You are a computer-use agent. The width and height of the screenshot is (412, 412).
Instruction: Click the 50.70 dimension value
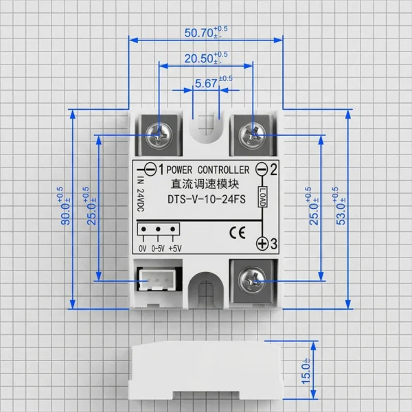[x=198, y=33]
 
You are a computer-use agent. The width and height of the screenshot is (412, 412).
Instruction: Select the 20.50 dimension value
[x=198, y=58]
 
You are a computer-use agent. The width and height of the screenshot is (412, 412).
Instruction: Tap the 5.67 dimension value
[x=206, y=84]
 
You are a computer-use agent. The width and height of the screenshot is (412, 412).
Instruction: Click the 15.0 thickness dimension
[x=306, y=374]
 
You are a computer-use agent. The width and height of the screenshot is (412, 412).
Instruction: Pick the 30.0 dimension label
[x=65, y=214]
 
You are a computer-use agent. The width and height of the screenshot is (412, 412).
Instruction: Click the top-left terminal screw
[x=159, y=135]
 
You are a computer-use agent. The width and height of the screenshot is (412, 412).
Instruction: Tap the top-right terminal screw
[x=253, y=135]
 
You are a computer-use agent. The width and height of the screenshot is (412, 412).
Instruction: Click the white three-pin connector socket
[x=157, y=280]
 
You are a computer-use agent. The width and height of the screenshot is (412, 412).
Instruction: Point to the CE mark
[x=238, y=232]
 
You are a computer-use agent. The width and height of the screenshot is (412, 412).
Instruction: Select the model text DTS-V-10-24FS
[x=207, y=199]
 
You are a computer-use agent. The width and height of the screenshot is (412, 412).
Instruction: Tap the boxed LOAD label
[x=262, y=196]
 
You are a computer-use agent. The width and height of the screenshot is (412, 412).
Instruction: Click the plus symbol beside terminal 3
[x=262, y=244]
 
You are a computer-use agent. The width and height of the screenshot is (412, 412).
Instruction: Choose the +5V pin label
[x=175, y=249]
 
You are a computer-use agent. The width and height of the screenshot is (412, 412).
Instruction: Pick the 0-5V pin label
[x=158, y=249]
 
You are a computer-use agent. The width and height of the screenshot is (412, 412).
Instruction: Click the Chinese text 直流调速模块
[x=205, y=184]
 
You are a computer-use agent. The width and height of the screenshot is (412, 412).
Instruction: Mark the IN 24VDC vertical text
[x=141, y=194]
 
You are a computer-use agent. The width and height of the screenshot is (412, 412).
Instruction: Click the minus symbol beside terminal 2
[x=262, y=169]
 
